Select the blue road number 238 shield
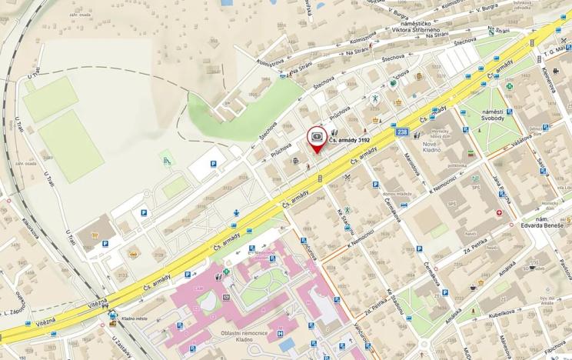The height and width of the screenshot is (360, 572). [402, 132]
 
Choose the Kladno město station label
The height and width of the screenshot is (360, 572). [136, 318]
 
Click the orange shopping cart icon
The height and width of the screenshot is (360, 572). [133, 252]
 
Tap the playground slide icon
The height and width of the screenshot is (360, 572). [165, 160]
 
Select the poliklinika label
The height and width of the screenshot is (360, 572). [457, 165]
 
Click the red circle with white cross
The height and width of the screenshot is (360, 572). [502, 213]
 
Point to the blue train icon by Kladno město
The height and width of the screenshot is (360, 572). [114, 315]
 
